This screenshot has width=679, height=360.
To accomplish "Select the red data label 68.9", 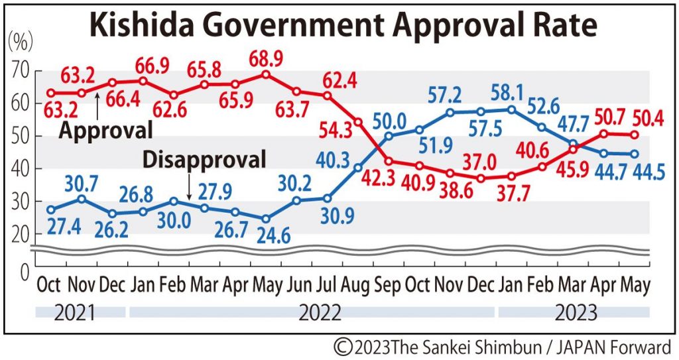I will (x=266, y=59).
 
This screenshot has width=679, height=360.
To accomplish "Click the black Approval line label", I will (x=106, y=130).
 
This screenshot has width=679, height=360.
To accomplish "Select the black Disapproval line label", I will (x=204, y=159).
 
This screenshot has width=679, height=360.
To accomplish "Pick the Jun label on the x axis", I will (x=296, y=284).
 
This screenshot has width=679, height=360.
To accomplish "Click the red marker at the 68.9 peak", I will (x=266, y=74).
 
